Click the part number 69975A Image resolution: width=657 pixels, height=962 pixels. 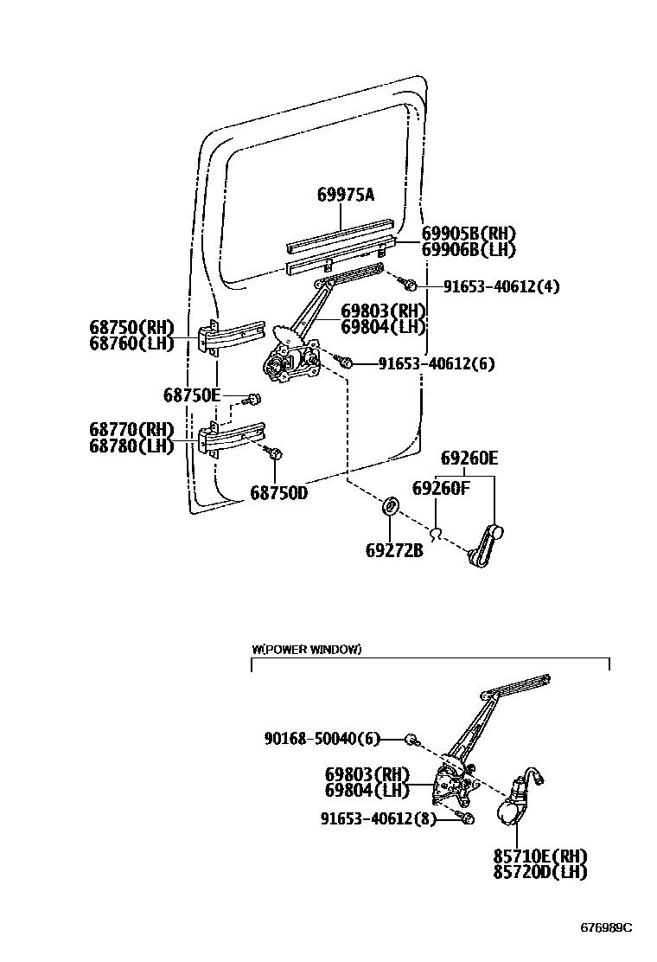345,195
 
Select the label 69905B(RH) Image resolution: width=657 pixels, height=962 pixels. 469,234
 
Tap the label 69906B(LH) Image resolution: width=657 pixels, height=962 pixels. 469,249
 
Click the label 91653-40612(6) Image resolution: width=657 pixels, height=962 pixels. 436,363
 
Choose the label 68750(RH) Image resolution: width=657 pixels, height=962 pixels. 131,327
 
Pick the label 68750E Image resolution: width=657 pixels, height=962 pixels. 192,395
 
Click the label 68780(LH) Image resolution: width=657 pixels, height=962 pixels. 131,446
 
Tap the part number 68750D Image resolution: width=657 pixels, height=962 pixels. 279,492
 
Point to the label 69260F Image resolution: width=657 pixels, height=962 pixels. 441,488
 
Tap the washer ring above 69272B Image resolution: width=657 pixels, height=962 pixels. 390,505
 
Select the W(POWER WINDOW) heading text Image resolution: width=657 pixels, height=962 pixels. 307,649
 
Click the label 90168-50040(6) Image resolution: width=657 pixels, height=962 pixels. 322,738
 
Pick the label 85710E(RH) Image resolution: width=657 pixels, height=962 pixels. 540,855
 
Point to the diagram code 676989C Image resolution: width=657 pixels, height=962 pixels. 605,927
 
